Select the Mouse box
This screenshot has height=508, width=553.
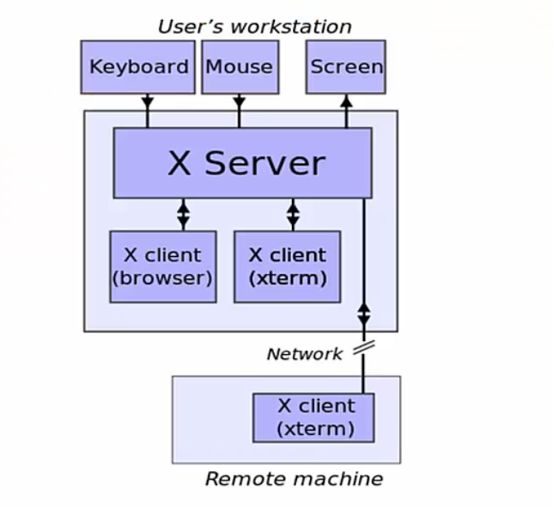[x=240, y=66]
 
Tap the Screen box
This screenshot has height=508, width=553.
[x=346, y=66]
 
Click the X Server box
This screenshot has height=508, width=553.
[x=243, y=163]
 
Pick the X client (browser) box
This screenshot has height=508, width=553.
[x=163, y=266]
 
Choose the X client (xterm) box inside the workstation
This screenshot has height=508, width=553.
[x=287, y=266]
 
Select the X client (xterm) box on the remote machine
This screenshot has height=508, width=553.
[x=313, y=417]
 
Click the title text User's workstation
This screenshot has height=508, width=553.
[x=254, y=26]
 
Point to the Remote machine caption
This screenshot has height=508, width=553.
[x=294, y=479]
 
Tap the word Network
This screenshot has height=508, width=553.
[x=304, y=353]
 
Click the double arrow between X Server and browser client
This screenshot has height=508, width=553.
[x=183, y=214]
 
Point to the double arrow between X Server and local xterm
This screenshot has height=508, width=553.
[x=293, y=214]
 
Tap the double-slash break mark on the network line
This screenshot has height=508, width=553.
[x=363, y=346]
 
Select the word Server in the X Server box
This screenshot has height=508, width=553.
[x=264, y=163]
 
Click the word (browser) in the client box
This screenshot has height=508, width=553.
[x=163, y=278]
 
